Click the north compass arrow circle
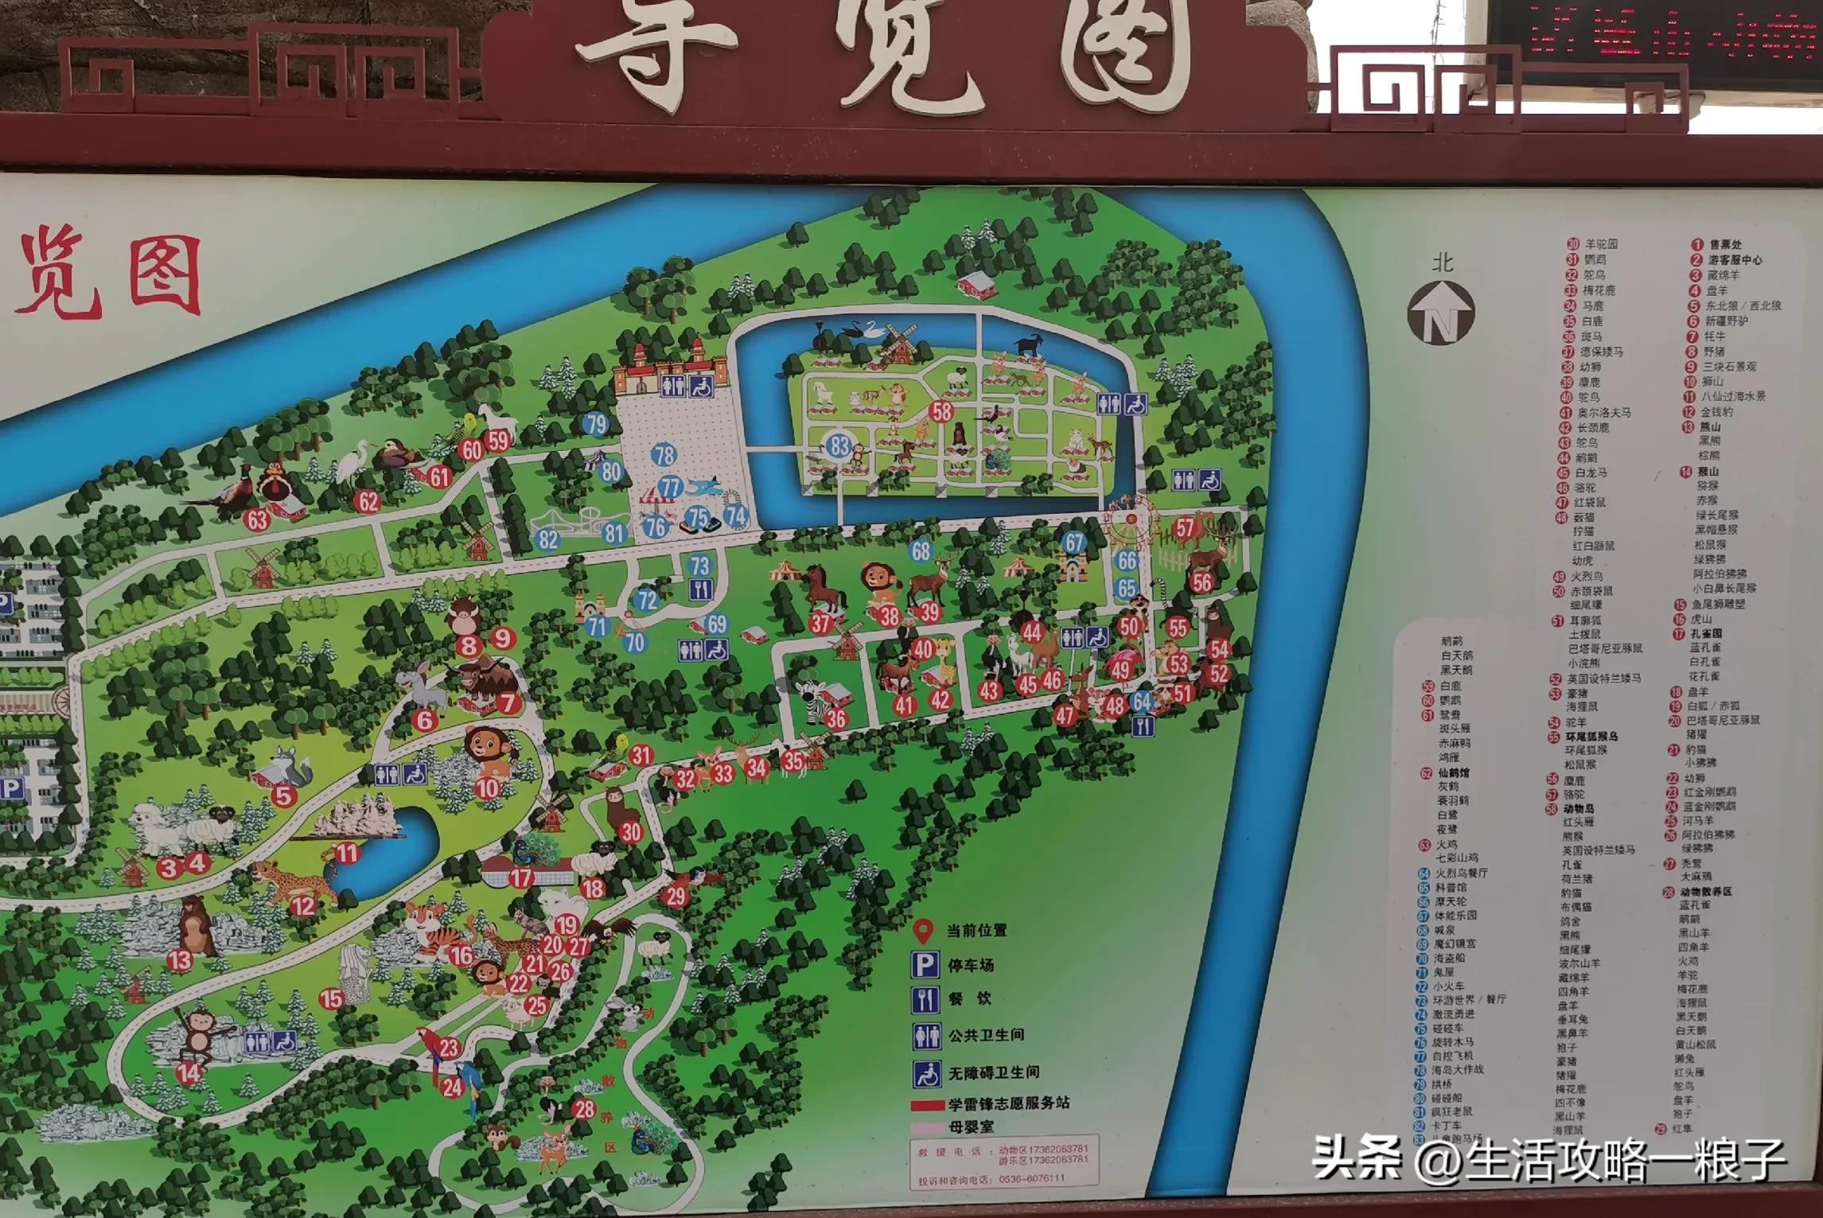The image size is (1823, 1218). tap(1441, 313)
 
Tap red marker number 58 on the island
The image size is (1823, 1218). tap(941, 411)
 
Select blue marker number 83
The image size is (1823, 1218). tap(839, 446)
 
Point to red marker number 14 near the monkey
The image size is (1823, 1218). tap(189, 1073)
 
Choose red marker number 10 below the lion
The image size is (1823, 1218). tap(487, 789)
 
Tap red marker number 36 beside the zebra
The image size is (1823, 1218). tap(836, 719)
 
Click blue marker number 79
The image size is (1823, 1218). tap(596, 424)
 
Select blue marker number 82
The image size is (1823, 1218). tap(548, 539)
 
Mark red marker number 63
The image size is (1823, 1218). tap(257, 519)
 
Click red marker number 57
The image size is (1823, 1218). tap(1185, 527)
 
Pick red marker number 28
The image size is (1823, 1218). tap(584, 1109)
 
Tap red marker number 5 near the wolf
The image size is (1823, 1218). tap(283, 795)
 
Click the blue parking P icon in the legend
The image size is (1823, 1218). tap(924, 966)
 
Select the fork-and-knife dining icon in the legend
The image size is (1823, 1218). tap(924, 999)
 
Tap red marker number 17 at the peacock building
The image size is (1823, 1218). tap(521, 878)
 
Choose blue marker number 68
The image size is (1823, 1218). tap(921, 551)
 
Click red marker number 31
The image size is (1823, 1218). tap(641, 755)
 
